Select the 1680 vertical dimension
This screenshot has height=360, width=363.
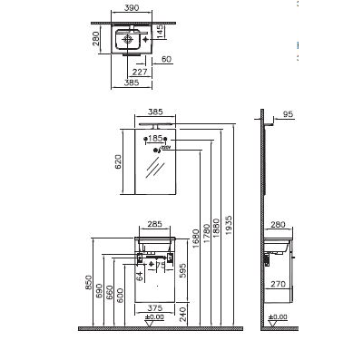coord(196,237)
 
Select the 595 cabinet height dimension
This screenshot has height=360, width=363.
coord(182,269)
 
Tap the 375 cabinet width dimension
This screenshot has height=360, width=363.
coord(154,306)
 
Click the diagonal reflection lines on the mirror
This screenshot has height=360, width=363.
coord(155,168)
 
